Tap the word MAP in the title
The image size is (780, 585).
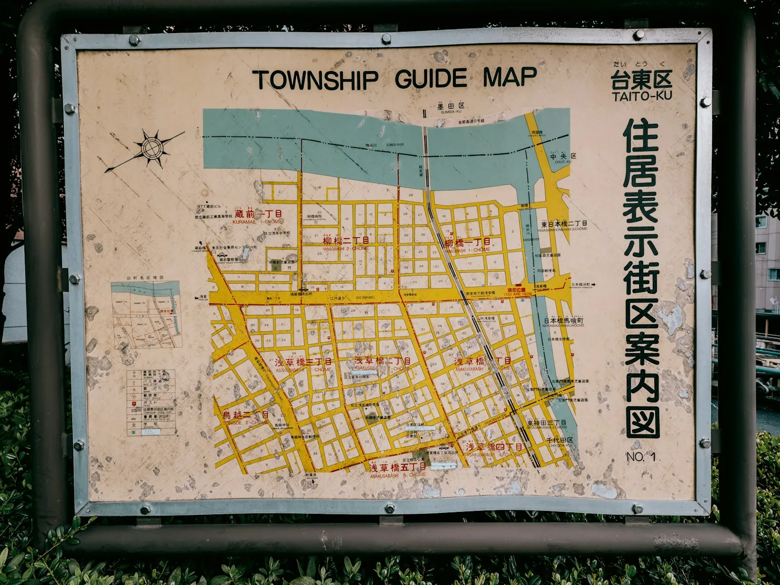pos(509,77)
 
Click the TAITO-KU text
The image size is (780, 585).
pos(642,96)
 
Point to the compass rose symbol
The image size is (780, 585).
pos(152,147)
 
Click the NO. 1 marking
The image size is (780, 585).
pos(641,457)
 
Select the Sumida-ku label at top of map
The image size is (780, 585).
pos(450,107)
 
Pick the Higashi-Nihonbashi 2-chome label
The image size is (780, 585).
pos(564,225)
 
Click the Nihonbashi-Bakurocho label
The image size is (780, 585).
pos(564,322)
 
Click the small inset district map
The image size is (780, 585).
pos(146,314)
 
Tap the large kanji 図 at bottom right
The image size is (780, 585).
pos(643,422)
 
